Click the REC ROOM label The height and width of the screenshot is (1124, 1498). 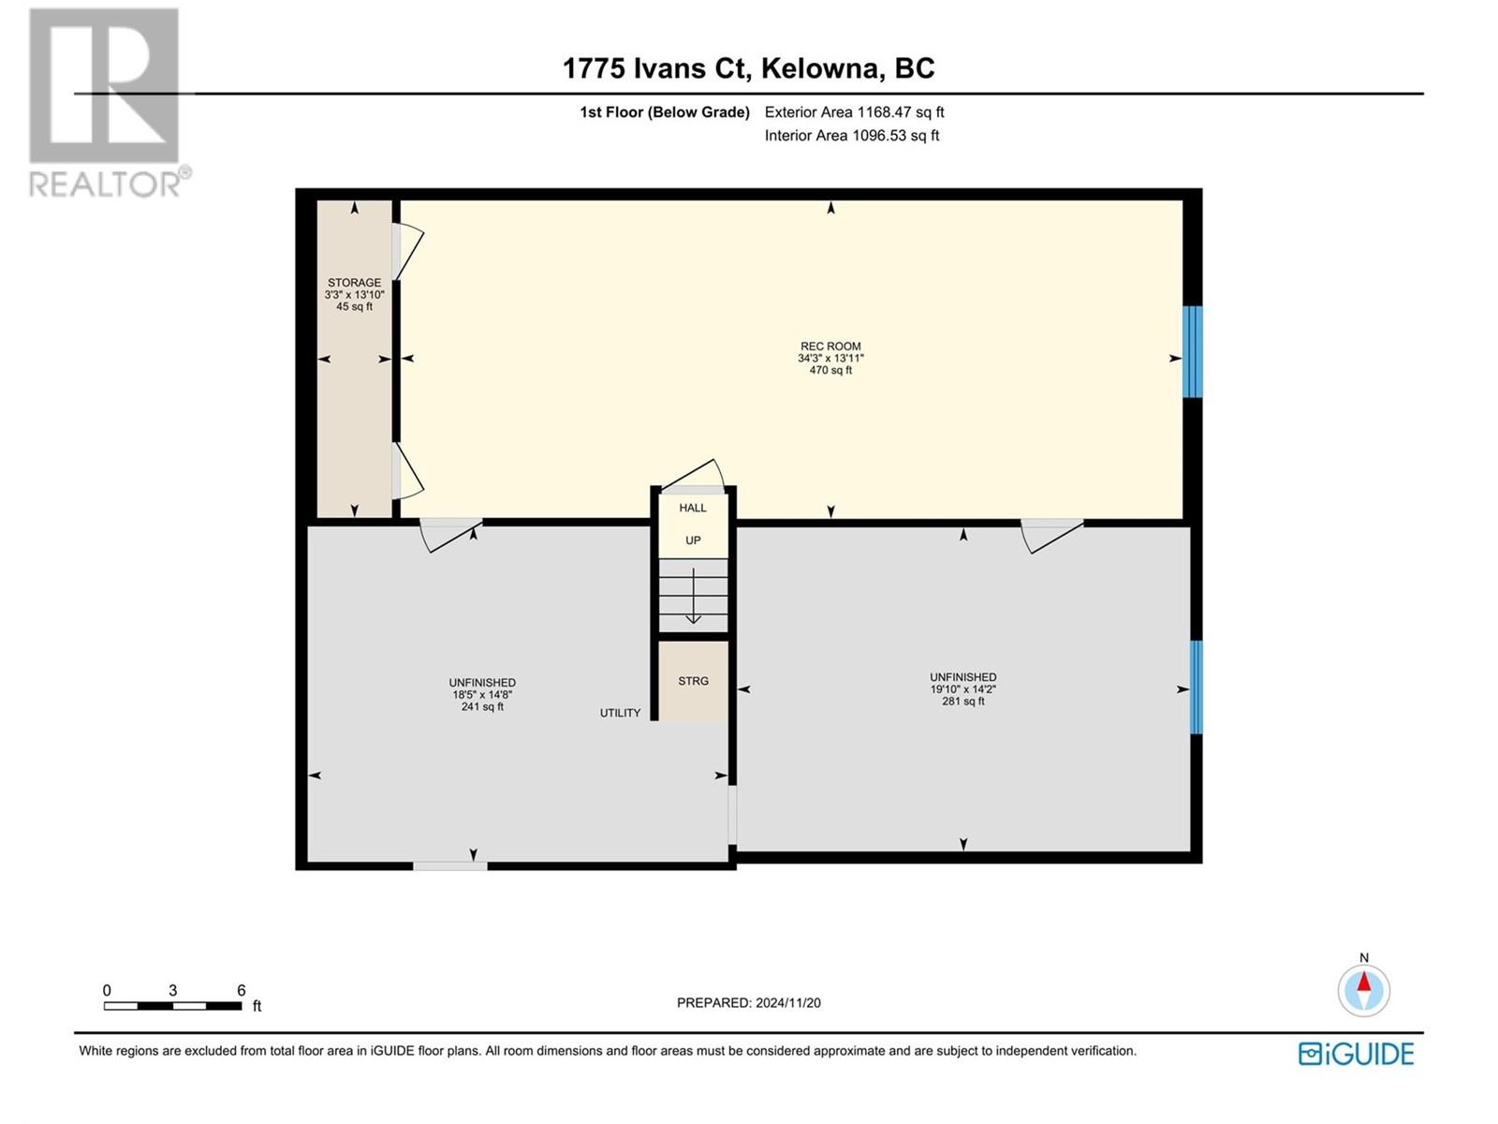(830, 346)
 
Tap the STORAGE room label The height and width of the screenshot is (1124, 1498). (354, 283)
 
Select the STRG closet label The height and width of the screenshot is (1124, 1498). (694, 681)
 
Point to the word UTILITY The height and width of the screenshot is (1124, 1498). (621, 713)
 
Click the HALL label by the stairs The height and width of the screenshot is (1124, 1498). (693, 508)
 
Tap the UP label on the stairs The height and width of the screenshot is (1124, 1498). (693, 540)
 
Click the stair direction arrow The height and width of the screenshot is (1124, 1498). (694, 596)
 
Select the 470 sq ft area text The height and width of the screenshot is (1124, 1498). (830, 371)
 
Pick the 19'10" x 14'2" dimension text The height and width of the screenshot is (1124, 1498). (963, 689)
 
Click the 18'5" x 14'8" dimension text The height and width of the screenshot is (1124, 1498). (482, 695)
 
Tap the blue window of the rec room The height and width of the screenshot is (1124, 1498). (1192, 351)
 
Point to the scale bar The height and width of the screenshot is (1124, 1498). (172, 1006)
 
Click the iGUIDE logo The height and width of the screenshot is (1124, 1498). (1356, 1055)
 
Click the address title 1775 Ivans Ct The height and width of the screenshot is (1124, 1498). (656, 69)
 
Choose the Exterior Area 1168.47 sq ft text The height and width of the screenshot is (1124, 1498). (855, 112)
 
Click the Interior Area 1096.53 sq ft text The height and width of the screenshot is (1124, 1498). (852, 136)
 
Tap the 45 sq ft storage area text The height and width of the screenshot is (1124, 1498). (354, 307)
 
